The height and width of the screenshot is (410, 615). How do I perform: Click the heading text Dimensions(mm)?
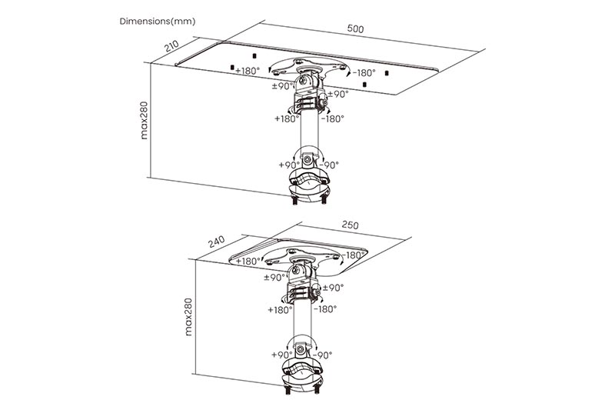click(158, 22)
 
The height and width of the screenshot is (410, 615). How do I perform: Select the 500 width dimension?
click(355, 28)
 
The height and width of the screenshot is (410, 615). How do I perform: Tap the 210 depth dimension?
click(171, 46)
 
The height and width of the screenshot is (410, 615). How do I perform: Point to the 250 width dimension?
click(350, 225)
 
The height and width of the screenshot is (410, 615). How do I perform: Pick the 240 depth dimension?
click(216, 242)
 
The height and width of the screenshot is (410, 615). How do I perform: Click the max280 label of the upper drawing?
click(144, 121)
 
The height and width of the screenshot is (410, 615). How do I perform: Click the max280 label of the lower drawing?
click(188, 317)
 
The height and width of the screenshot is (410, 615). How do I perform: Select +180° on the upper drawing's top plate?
click(248, 71)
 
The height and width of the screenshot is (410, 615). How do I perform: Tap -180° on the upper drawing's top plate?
click(364, 72)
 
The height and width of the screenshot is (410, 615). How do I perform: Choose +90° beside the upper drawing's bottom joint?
click(289, 165)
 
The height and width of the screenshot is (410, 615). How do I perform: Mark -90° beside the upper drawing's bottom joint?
click(329, 165)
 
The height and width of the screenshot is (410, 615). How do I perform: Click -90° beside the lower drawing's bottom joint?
click(322, 355)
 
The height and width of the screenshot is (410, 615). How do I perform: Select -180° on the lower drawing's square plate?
click(354, 255)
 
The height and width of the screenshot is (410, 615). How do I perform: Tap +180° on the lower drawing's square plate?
click(248, 261)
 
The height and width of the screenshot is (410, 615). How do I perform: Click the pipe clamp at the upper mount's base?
click(309, 184)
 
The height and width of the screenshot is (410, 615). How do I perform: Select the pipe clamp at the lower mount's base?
click(302, 375)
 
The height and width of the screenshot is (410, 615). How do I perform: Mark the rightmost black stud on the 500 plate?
click(387, 73)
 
